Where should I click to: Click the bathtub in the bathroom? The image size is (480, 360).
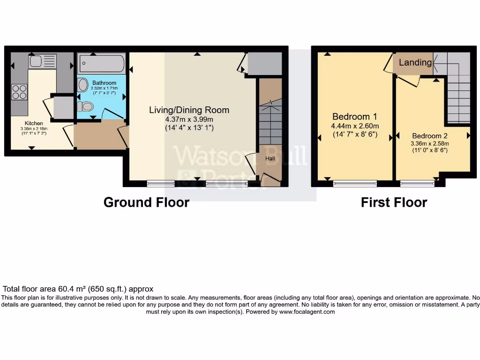click(102, 62)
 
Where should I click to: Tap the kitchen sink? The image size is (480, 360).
click(42, 61)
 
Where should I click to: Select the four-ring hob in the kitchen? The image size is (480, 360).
click(19, 91)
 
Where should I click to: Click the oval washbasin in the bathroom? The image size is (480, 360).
click(83, 85)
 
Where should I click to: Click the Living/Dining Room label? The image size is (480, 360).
click(189, 110)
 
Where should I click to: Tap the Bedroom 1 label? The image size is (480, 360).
click(354, 117)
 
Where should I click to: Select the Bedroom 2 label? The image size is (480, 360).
click(426, 136)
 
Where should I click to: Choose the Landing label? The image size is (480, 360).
click(415, 62)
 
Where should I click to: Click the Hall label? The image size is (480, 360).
click(270, 159)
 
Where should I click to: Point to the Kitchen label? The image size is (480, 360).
click(34, 123)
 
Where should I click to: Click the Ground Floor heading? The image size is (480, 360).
click(146, 202)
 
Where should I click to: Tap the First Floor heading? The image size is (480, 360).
click(394, 202)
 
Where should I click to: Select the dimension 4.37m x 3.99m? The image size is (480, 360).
click(189, 119)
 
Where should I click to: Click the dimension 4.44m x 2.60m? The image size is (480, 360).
click(355, 126)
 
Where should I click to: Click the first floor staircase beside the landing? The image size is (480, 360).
click(458, 94)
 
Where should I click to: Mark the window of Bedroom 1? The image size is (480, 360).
click(355, 183)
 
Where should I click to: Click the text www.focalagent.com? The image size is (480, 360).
click(307, 312)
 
